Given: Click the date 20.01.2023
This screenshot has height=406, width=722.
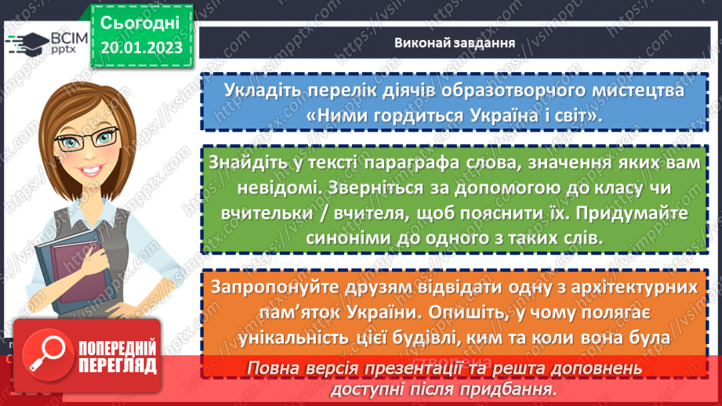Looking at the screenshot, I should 141,49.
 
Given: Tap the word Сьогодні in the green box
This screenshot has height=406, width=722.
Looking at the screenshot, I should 141,22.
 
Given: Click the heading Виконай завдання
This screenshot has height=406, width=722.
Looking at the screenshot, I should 454,42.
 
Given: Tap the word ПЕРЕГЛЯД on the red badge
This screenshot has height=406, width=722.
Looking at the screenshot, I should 117,366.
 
